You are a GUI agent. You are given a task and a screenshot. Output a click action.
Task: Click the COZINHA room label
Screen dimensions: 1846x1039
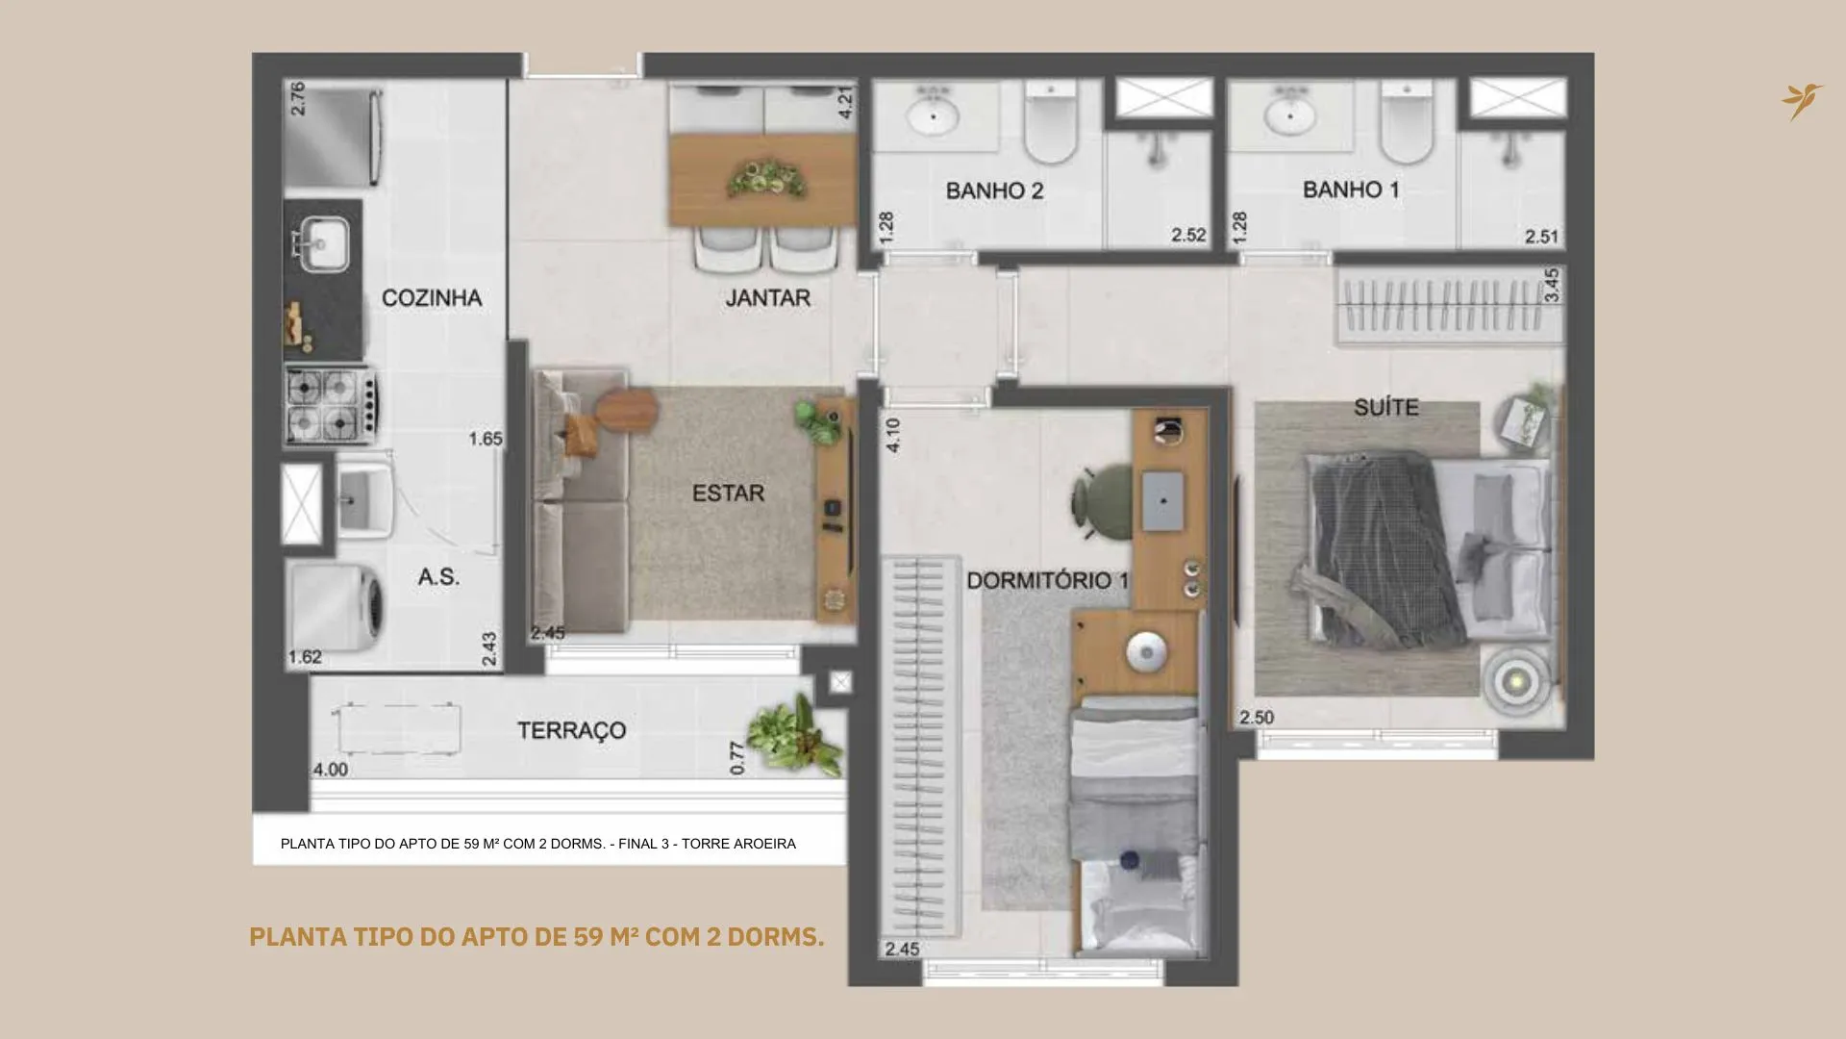432,298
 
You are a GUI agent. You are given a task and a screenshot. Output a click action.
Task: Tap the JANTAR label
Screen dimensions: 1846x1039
767,298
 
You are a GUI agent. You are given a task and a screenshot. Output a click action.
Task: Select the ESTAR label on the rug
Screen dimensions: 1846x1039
728,494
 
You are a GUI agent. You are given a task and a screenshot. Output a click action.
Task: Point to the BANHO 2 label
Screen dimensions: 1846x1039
994,190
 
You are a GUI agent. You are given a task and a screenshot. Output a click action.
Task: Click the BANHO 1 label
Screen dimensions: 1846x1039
1351,190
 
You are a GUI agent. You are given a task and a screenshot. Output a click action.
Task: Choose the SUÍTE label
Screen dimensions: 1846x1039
1386,407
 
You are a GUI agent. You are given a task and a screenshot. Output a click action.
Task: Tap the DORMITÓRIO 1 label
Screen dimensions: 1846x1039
1048,581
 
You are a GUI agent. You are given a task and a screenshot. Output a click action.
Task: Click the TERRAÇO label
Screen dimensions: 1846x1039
572,731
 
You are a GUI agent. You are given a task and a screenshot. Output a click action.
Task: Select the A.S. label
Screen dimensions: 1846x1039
438,577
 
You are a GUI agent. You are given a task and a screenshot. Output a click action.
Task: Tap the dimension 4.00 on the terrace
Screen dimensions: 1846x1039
331,770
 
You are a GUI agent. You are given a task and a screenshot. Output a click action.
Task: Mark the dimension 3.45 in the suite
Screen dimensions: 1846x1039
1551,286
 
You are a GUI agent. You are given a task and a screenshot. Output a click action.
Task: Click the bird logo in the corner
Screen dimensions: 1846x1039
1802,100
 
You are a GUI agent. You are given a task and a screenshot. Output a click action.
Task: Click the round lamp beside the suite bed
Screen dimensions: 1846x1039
1516,681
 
